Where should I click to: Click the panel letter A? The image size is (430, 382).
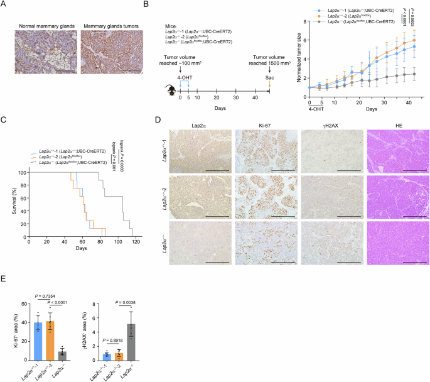[4, 5]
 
